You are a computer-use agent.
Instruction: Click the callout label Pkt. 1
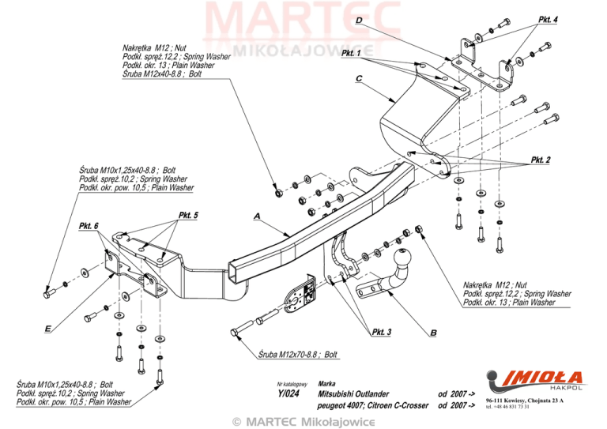coord(353,54)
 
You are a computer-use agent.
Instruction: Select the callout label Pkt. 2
coord(541,160)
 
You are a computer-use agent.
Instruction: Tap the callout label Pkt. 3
coord(381,332)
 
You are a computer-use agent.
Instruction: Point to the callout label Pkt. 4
coord(548,19)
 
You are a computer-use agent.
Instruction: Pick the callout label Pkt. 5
coord(188,215)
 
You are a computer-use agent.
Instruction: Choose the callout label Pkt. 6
coord(89,226)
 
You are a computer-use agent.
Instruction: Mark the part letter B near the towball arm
coord(433,333)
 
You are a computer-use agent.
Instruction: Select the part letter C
coord(359,79)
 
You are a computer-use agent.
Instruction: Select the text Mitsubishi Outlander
coord(353,393)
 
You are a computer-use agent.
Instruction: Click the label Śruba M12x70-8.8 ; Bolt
coord(297,355)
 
